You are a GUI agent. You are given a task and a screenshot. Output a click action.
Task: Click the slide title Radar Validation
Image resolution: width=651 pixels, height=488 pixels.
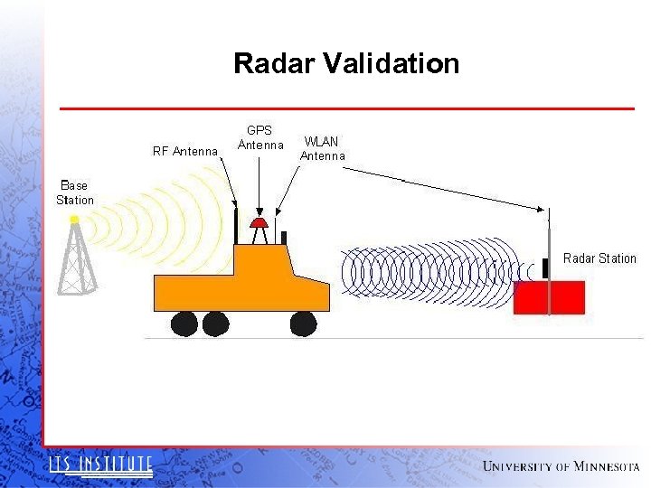(346, 64)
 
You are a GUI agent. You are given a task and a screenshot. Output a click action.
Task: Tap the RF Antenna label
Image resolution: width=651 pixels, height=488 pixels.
(185, 152)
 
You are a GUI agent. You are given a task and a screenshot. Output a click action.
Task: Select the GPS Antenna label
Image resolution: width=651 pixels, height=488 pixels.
(260, 137)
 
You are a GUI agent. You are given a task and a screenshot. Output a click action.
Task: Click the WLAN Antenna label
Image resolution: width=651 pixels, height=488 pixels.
(323, 148)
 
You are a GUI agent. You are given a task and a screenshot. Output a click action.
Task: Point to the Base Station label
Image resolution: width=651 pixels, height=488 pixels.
(74, 192)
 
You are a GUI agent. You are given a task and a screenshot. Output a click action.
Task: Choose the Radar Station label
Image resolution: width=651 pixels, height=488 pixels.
(599, 258)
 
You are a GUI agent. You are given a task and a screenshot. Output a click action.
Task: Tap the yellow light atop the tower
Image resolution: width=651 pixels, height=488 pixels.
(75, 220)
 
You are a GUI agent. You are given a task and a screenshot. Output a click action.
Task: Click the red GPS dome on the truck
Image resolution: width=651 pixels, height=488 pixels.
(259, 222)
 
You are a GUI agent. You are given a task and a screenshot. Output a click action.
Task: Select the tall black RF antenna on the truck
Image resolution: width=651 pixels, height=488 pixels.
(237, 226)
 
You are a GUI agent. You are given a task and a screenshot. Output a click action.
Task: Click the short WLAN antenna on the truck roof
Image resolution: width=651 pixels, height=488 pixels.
(283, 238)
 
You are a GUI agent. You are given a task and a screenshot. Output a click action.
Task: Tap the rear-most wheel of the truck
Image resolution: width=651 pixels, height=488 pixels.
(184, 324)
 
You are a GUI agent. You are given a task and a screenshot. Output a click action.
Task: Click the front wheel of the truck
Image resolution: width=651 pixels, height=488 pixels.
(303, 323)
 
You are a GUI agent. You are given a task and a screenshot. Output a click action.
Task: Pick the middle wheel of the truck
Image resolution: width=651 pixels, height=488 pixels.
(215, 324)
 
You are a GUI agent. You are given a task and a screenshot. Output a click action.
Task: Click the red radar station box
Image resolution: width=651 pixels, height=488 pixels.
(549, 297)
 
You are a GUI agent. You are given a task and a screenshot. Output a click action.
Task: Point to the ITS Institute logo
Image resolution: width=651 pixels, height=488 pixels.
(100, 465)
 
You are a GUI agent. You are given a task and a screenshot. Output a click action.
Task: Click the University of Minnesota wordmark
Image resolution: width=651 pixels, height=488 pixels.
(561, 466)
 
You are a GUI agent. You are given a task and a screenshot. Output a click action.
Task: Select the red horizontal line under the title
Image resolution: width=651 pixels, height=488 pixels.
(346, 108)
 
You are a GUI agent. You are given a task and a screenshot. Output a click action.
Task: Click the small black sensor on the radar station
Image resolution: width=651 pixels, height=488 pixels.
(545, 267)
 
